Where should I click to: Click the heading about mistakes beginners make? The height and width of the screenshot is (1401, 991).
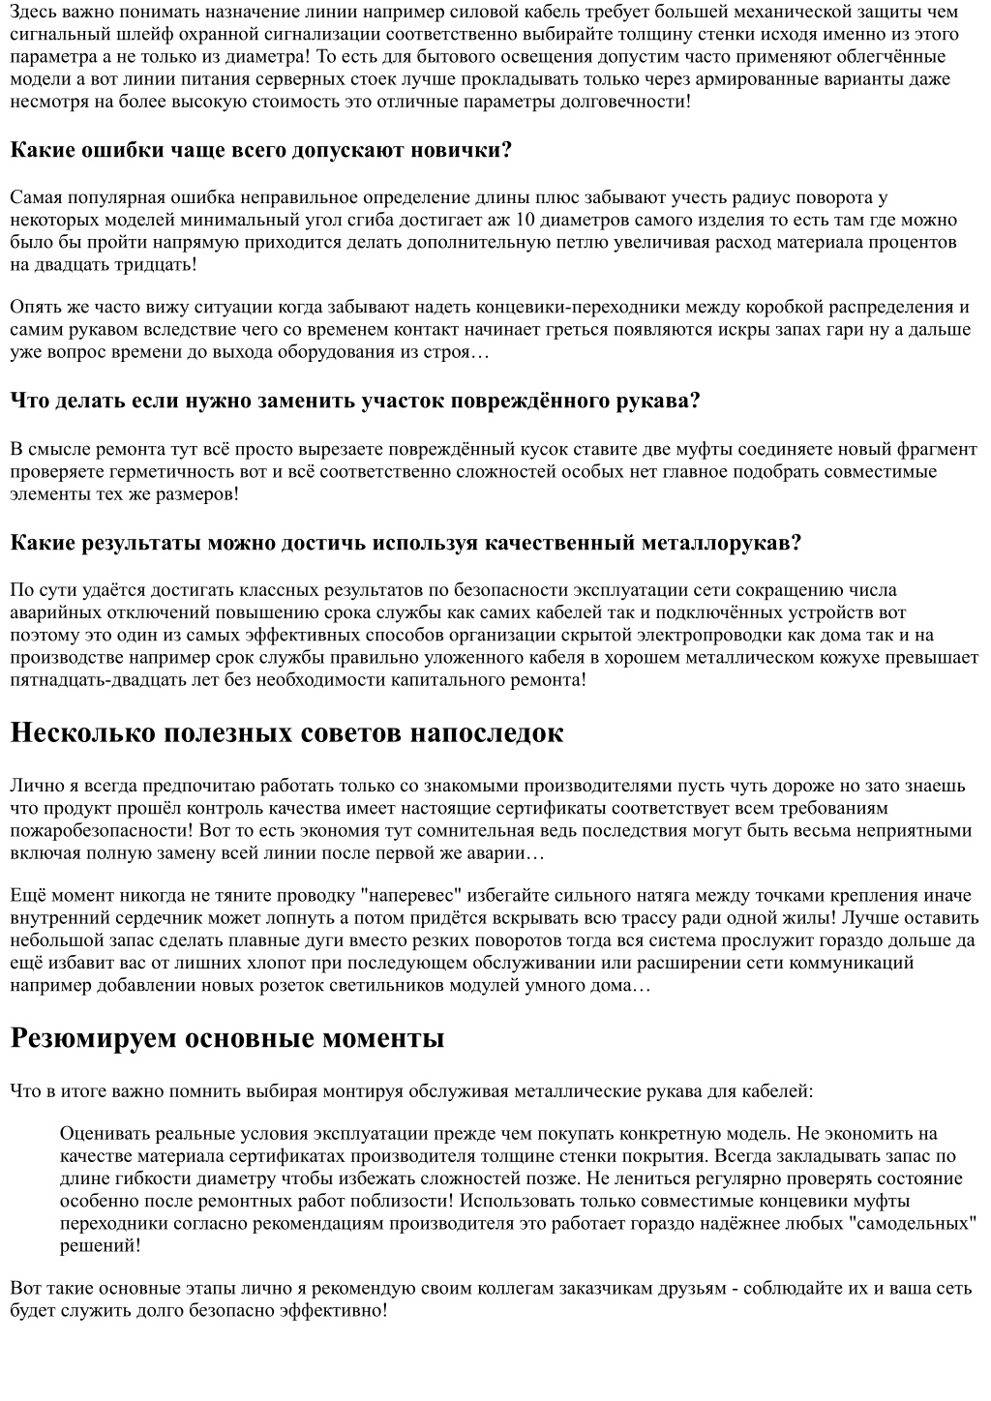coord(260,150)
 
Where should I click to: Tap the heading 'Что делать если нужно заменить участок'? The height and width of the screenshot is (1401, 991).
coord(354,401)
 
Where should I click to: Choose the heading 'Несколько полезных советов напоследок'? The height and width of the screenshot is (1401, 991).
coord(286,732)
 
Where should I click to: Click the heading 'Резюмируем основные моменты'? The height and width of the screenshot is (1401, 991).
coord(226,1038)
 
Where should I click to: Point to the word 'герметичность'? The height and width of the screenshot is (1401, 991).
coord(146,471)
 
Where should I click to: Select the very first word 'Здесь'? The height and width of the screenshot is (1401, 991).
coord(33,12)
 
